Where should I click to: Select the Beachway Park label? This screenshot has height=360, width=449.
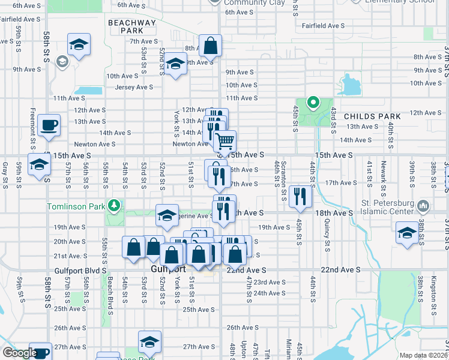click(x=132, y=26)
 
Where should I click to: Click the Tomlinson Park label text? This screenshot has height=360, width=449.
click(x=76, y=206)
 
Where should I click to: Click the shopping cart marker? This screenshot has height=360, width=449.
click(x=224, y=141)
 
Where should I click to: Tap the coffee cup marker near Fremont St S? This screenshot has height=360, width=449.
click(x=49, y=125)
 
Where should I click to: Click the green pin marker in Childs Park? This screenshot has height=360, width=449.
click(x=312, y=103)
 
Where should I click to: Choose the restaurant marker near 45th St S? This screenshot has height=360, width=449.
click(x=299, y=196)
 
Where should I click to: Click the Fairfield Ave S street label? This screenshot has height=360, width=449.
click(x=323, y=26)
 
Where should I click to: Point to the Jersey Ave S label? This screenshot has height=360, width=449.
click(x=134, y=87)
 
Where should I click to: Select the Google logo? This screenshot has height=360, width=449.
click(x=19, y=353)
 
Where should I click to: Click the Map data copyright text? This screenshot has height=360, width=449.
click(x=423, y=355)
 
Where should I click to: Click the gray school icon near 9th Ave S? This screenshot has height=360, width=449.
click(x=61, y=61)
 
